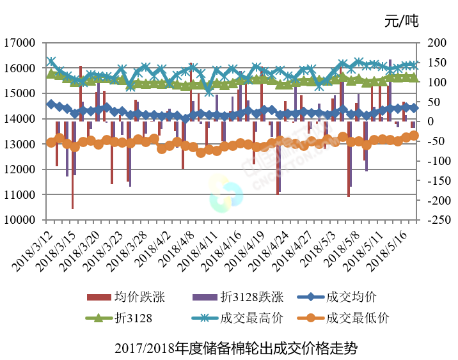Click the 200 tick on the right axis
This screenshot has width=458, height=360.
(435, 43)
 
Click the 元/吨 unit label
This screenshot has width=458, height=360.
(400, 22)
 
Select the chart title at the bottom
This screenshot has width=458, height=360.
(229, 348)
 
